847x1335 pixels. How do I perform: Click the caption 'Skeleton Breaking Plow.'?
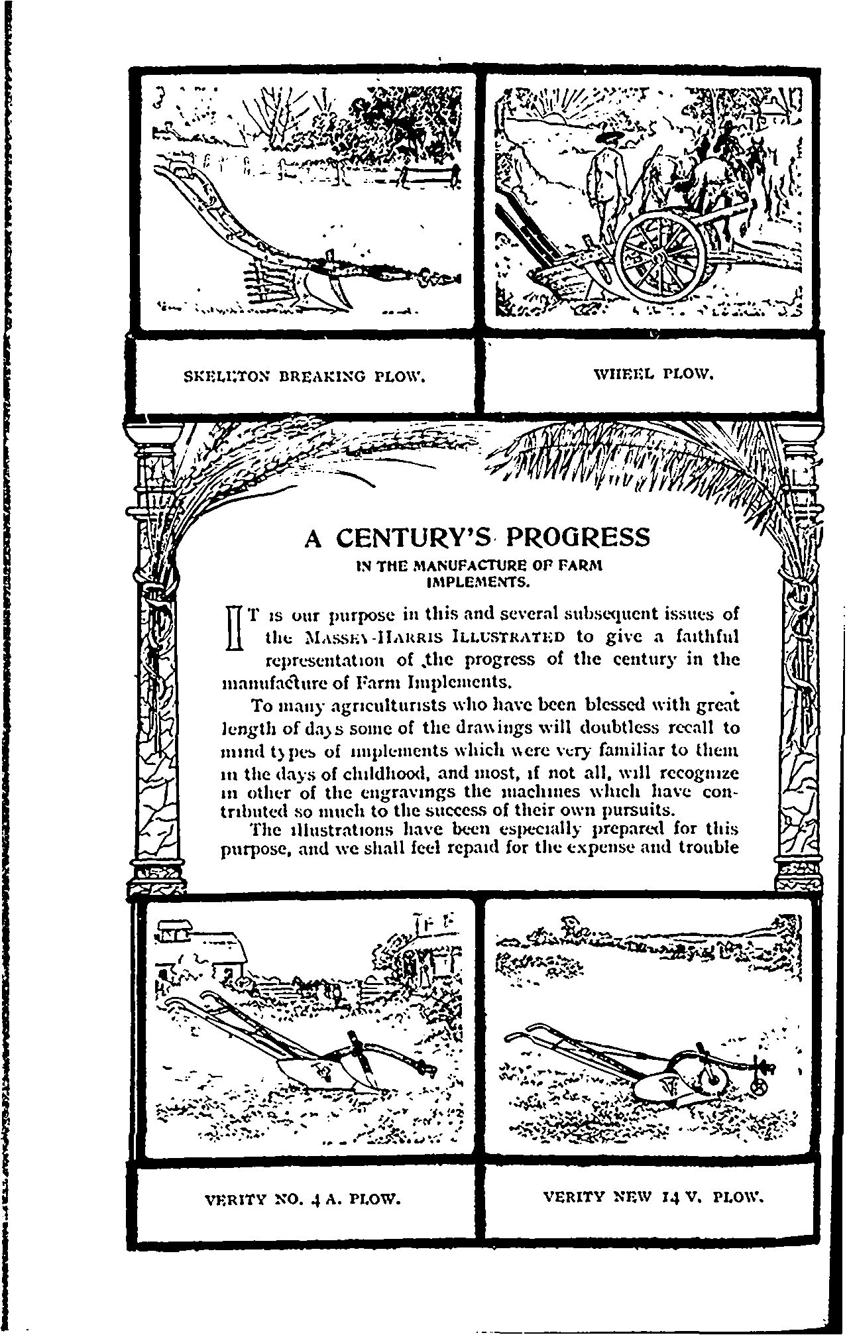point(303,378)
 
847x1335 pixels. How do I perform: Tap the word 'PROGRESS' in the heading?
point(577,537)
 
